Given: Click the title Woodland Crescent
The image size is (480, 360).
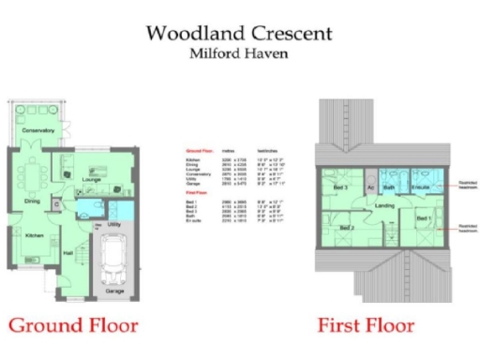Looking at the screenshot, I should [x=239, y=34].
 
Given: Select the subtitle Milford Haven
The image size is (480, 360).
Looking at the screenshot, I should [x=239, y=54].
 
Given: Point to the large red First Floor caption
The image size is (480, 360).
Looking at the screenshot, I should [x=366, y=326].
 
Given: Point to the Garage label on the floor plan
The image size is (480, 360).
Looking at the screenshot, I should [x=114, y=292].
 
